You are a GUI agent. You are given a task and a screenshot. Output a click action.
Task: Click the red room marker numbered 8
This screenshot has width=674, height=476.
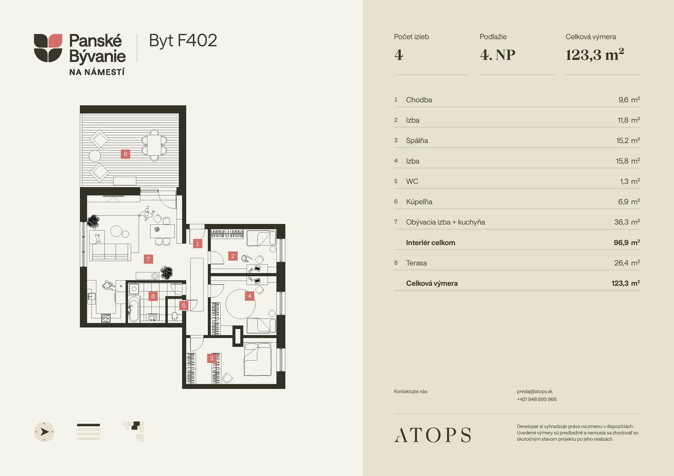pyautogui.click(x=125, y=154)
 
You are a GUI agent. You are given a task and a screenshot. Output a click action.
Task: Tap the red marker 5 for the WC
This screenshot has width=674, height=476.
pyautogui.click(x=184, y=305)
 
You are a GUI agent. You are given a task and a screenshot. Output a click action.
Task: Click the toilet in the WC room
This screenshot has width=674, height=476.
pyautogui.click(x=174, y=317)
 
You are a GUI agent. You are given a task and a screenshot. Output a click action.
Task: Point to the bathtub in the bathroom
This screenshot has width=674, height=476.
pyautogui.click(x=134, y=309)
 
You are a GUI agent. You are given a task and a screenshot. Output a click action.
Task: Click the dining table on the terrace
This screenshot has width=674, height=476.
pyautogui.click(x=154, y=145)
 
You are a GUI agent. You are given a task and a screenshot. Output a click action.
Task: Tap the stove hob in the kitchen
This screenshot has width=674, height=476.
pyautogui.click(x=106, y=318)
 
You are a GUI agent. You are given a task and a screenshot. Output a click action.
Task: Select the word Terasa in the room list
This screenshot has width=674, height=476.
pyautogui.click(x=416, y=263)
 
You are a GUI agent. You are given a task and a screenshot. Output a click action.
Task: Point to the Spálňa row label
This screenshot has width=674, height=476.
pyautogui.click(x=417, y=141)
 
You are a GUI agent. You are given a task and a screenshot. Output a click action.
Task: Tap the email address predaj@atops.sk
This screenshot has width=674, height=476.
pyautogui.click(x=535, y=392)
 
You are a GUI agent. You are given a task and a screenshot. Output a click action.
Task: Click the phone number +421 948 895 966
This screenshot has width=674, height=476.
pyautogui.click(x=537, y=399)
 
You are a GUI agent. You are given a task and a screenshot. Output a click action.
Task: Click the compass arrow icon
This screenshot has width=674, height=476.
pyautogui.click(x=44, y=432)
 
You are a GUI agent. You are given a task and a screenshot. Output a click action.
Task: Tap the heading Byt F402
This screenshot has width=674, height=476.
pyautogui.click(x=183, y=41)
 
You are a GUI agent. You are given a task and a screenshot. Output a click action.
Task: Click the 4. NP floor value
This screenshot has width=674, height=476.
pyautogui.click(x=498, y=55)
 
